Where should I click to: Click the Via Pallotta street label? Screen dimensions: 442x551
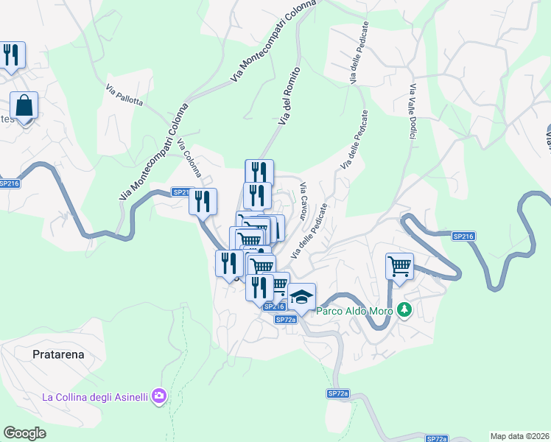point(123,94)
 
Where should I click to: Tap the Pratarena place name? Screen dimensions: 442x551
point(59,354)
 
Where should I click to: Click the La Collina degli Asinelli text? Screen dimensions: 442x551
point(95,397)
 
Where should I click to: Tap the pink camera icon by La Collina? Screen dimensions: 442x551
point(159,397)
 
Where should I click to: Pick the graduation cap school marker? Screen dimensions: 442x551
point(301,297)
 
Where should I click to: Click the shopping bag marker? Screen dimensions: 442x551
point(24,106)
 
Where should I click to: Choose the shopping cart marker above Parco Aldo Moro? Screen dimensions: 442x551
point(399,266)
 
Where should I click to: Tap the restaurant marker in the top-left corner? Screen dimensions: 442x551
point(11,55)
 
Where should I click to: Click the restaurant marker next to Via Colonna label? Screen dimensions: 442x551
point(203,201)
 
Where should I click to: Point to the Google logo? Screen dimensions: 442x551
point(24,433)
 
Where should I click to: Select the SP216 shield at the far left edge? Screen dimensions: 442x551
point(9,183)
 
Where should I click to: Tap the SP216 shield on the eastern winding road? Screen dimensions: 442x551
point(463,236)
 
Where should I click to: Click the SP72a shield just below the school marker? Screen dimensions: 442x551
point(286,319)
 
